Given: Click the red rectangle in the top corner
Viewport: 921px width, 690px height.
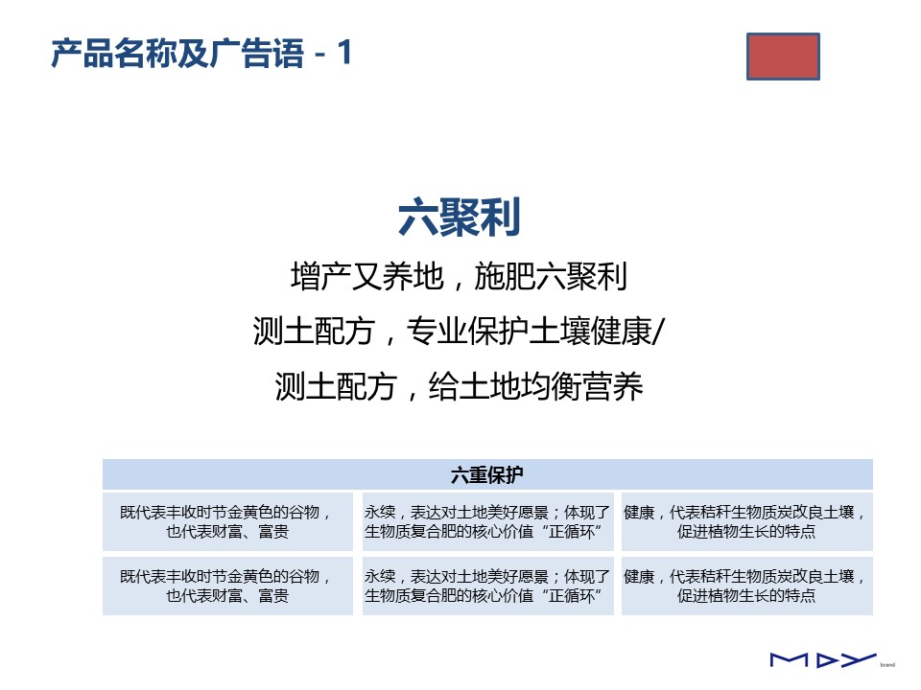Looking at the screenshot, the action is pos(783,57).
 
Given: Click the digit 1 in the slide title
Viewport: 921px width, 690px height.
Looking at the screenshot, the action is pos(344,52).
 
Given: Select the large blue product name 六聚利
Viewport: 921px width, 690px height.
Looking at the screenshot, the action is pos(460,218).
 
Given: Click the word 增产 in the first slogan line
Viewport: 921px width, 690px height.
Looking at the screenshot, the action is pos(321,276).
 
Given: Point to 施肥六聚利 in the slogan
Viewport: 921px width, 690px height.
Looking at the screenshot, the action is pos(551,276).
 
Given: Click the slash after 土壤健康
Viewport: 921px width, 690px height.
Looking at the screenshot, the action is pos(658,332).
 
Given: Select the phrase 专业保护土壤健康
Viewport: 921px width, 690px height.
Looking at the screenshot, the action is pos(529,332).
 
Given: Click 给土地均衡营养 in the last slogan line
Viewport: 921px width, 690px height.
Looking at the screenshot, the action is pos(535,386).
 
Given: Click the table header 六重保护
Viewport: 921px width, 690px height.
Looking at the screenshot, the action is pos(487,474).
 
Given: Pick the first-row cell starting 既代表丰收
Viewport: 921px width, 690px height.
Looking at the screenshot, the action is pos(227,521).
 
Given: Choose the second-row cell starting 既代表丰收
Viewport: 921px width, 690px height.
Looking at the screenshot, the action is pos(227,586).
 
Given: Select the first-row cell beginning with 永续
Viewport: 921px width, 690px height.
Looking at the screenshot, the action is pos(487,521).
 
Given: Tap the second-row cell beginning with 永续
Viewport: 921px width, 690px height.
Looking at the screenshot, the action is pos(487,586).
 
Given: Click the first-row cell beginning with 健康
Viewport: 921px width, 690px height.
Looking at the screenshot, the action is pos(747,521).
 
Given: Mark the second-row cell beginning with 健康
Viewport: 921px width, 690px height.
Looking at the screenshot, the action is pos(747,586).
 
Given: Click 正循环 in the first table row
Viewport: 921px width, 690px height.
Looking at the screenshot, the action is pos(571,532).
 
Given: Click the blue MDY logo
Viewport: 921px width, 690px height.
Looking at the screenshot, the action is pos(823,660).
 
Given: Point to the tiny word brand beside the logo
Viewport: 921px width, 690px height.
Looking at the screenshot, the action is pos(887,665).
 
